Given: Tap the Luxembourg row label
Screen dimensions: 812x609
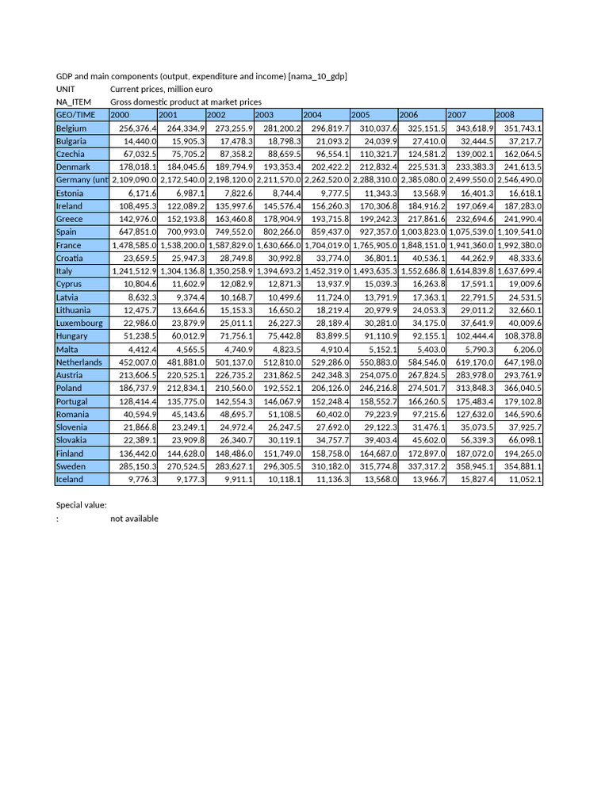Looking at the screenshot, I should (79, 323).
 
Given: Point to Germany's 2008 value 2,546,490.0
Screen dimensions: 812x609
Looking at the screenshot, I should (519, 180).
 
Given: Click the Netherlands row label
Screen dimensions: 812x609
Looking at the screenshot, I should (79, 362).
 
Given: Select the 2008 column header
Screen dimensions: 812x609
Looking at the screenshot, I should (505, 115).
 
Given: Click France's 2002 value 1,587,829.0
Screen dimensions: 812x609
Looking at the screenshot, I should (230, 245).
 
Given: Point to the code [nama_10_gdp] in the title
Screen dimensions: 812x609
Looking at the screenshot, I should (318, 76).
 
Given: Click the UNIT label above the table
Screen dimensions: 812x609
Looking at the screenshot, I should (65, 89).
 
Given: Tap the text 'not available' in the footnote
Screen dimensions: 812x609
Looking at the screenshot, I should (134, 519).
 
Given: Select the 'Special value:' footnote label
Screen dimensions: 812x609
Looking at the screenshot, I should (81, 505).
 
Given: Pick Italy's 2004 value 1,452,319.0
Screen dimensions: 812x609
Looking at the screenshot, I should (326, 271).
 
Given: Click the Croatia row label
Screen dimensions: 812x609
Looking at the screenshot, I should (71, 259).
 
